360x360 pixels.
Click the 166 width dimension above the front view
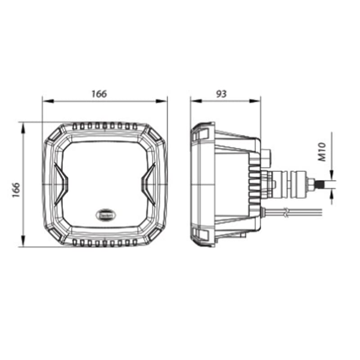[x=99, y=94]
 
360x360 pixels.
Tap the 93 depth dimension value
[x=221, y=94]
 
